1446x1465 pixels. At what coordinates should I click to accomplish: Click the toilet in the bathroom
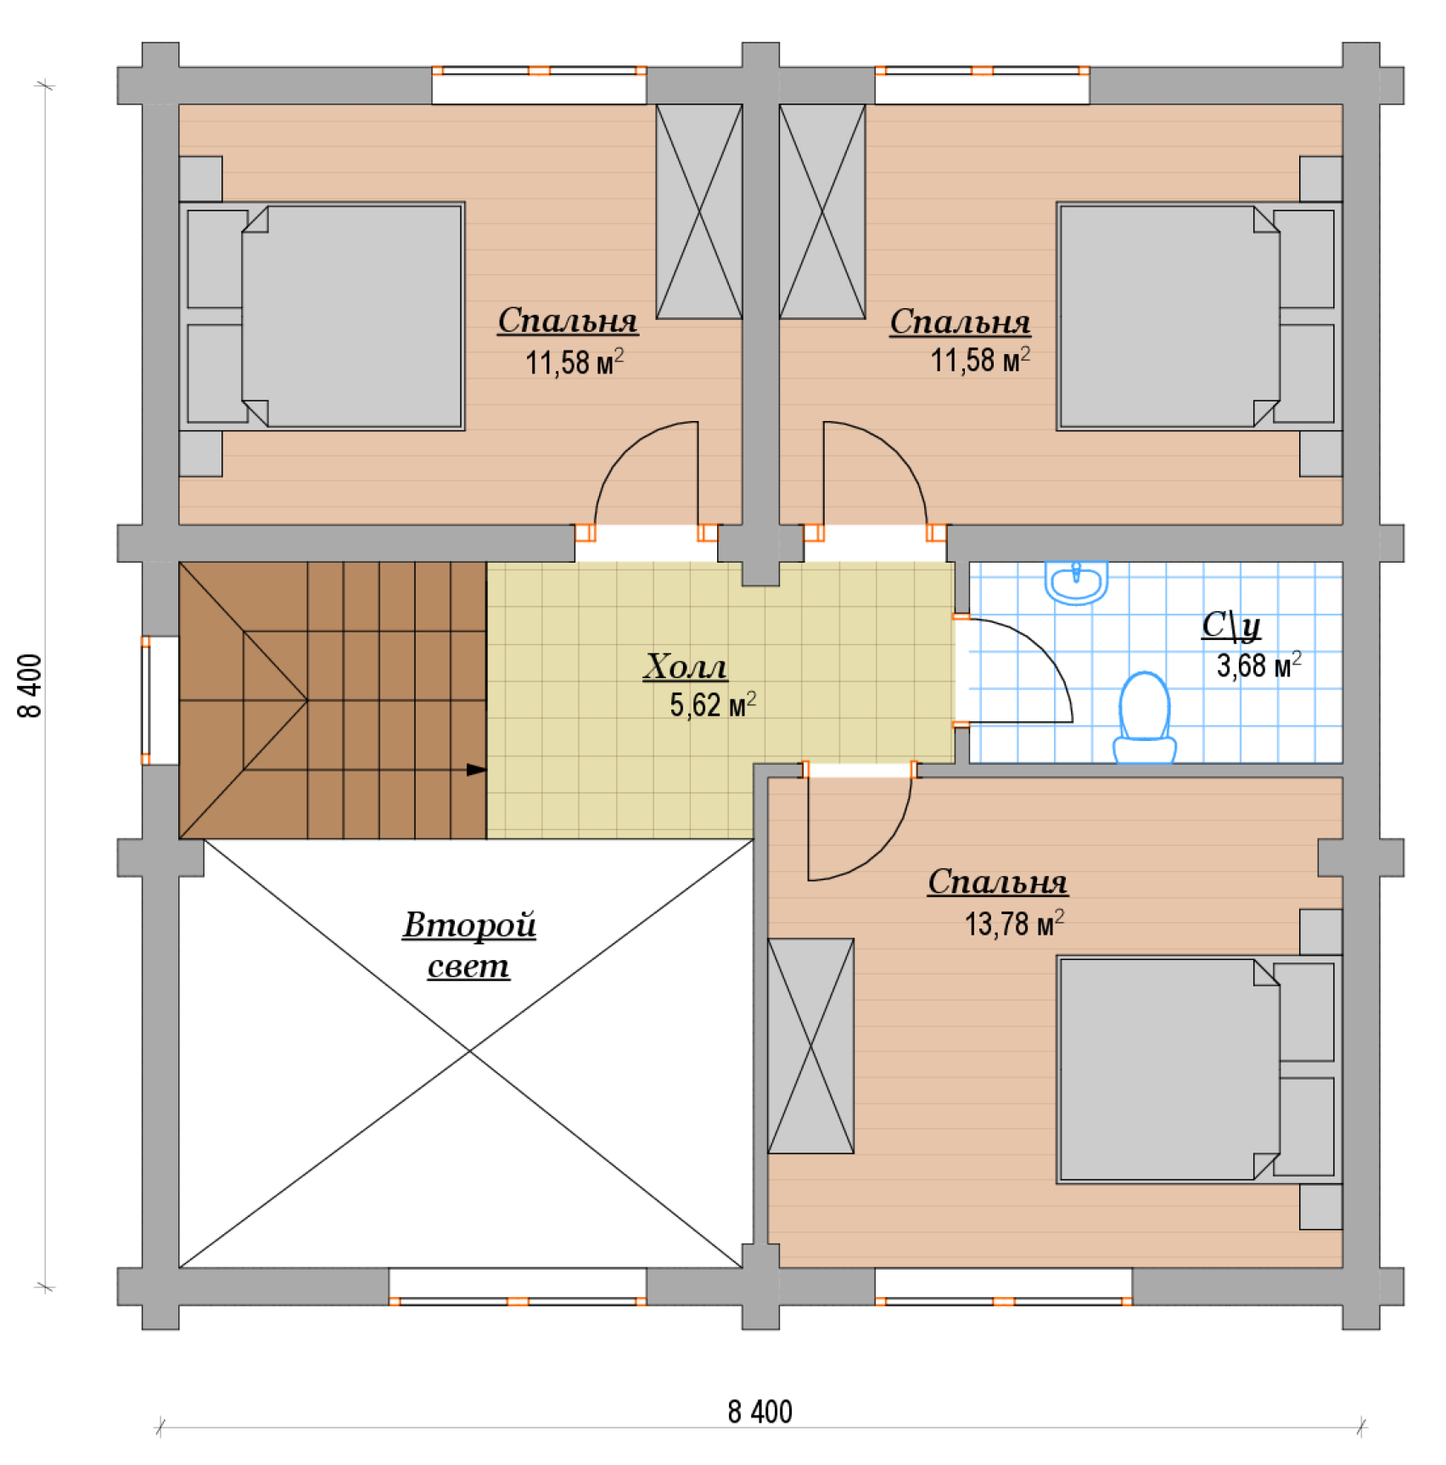1144,718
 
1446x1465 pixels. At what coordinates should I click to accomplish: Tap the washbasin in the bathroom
1076,582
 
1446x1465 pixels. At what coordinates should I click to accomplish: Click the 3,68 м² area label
1258,665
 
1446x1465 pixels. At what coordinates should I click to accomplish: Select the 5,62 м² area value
713,704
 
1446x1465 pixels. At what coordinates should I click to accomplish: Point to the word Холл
686,667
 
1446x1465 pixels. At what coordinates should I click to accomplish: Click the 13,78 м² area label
1014,923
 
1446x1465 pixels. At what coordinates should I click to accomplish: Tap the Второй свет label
469,945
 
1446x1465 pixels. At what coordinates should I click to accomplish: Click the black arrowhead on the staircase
477,770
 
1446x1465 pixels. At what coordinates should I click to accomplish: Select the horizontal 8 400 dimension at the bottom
759,1412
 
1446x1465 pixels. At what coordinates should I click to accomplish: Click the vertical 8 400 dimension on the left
30,686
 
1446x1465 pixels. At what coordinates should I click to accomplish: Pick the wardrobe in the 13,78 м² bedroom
810,1046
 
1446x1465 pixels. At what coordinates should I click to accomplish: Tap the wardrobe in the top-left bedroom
699,211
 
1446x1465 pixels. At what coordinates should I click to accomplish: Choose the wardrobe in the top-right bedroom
822,211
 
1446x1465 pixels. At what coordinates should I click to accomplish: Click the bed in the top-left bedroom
322,316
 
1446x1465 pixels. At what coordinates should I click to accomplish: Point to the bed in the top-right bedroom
1199,316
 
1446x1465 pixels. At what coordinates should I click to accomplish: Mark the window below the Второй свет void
518,1287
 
